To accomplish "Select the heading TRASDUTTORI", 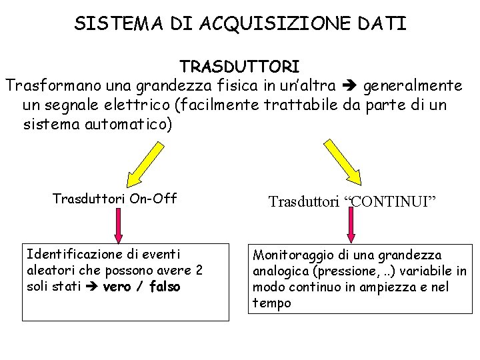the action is tap(239, 67).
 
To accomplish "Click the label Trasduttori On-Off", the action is tap(115, 199).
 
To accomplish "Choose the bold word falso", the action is tap(165, 287).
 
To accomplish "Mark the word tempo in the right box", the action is tap(272, 303).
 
